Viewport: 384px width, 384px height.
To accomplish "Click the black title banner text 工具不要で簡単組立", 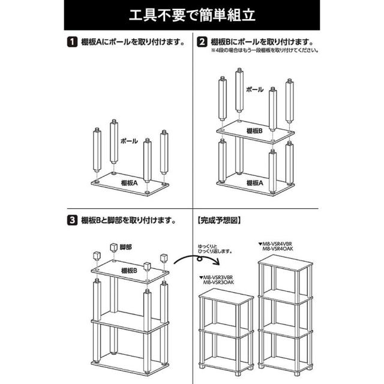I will point(191,14).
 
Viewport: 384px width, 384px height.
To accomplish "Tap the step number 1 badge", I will point(71,43).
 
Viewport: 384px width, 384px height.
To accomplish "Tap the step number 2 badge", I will point(203,43).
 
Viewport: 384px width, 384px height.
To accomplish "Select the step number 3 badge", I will point(71,220).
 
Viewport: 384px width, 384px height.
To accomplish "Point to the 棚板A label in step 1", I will point(127,182).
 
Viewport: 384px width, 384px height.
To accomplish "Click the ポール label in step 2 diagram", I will point(255,89).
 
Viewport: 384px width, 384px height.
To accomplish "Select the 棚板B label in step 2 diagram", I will point(254,130).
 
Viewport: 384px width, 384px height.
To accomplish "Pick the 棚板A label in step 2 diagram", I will point(254,182).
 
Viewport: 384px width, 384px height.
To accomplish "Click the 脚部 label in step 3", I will point(125,247).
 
